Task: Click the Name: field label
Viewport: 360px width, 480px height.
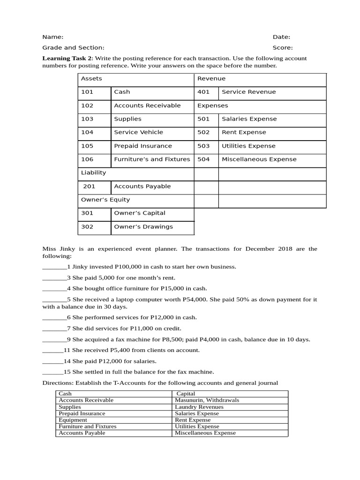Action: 52,37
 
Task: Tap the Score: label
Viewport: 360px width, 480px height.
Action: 283,47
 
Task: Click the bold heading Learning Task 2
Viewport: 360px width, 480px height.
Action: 67,58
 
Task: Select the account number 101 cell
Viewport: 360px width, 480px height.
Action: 87,92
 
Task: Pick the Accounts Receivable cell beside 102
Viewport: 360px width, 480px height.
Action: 147,105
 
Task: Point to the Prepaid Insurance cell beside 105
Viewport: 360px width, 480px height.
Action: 143,146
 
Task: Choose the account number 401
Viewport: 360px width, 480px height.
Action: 203,92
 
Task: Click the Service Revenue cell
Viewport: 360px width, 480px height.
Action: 248,92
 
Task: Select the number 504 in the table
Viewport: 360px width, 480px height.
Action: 203,159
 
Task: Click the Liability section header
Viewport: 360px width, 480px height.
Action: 94,172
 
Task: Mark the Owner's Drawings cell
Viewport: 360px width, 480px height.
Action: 143,226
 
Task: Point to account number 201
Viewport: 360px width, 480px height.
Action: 89,186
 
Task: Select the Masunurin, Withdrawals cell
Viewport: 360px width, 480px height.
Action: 207,400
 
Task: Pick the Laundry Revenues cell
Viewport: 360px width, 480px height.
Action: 199,407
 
